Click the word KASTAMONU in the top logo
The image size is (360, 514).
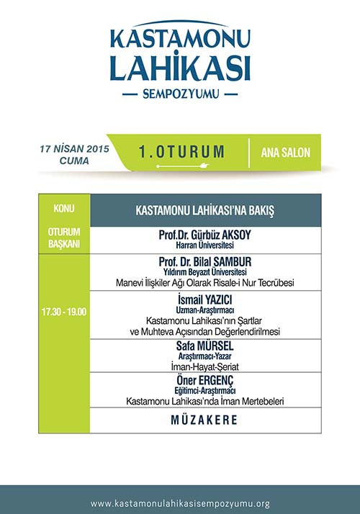tap(180, 37)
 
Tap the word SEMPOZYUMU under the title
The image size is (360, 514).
tap(180, 94)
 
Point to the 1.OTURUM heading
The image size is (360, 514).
tap(182, 152)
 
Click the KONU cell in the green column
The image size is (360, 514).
tap(64, 208)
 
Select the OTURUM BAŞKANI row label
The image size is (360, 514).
tap(64, 237)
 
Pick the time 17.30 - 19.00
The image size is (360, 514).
tap(64, 312)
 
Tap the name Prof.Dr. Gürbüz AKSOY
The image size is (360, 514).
tap(204, 235)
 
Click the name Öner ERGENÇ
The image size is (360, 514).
tap(204, 379)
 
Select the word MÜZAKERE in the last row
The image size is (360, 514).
tap(204, 420)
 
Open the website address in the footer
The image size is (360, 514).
tap(180, 504)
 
